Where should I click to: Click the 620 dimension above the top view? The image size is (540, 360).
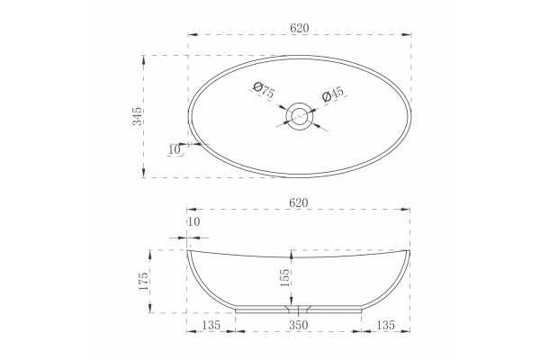(x=300, y=28)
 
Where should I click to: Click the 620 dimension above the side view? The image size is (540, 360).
(x=298, y=202)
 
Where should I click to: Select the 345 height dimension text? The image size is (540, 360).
(x=137, y=116)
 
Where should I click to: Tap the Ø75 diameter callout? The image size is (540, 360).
(x=264, y=90)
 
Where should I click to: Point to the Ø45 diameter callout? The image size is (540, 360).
(x=333, y=94)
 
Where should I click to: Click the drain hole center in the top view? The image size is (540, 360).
(x=299, y=116)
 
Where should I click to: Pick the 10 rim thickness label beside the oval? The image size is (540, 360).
(x=175, y=150)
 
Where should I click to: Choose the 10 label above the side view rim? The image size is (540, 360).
(x=194, y=222)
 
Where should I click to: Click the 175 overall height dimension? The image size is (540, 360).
(x=143, y=281)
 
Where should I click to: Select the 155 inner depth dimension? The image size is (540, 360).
(x=284, y=278)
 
